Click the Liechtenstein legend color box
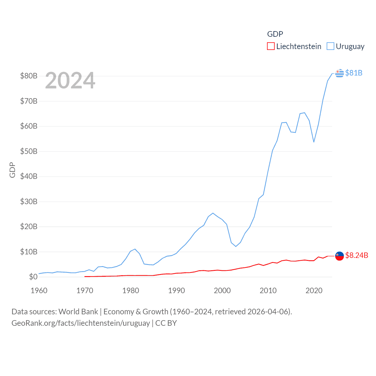pos(271,46)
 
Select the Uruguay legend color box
pos(330,46)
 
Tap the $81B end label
pos(354,73)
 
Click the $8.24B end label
pos(357,255)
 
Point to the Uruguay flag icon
pos(339,73)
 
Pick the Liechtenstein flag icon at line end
pos(339,256)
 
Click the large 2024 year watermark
pos(70,80)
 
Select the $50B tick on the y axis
pos(29,151)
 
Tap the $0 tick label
pos(33,277)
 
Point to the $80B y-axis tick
pos(29,76)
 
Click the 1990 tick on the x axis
pos(177,291)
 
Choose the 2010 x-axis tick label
pos(268,291)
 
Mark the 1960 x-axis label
pos(39,291)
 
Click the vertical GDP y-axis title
pos(12,170)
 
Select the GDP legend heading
pos(275,34)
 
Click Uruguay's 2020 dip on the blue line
pos(314,142)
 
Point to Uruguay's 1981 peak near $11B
pos(135,249)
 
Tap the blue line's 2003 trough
pos(236,246)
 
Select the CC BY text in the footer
pos(166,323)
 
